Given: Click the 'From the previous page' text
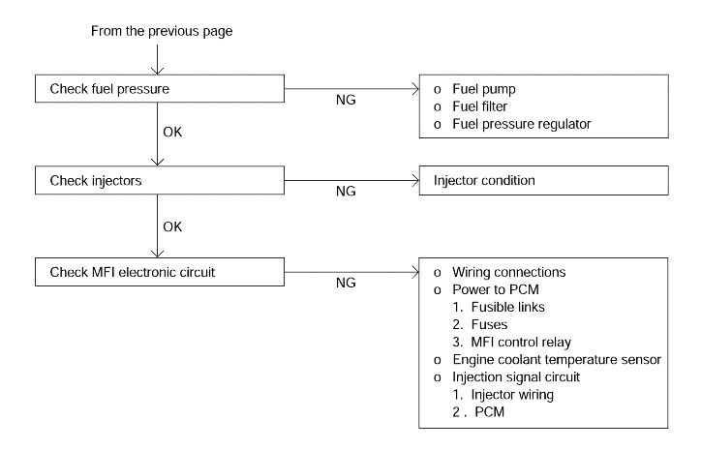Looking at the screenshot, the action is click(162, 31).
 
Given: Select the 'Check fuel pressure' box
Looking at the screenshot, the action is click(160, 88).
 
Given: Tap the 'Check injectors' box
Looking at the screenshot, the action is click(160, 180).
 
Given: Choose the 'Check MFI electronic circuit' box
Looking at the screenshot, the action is click(160, 272).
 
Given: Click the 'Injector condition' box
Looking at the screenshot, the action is click(543, 181).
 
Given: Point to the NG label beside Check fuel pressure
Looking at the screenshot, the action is click(346, 100).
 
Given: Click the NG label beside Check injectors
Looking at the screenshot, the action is click(346, 192).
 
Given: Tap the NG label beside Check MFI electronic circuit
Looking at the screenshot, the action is click(346, 283).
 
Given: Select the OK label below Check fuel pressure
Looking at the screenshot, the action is click(172, 132).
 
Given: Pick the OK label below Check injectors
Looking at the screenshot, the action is click(172, 226).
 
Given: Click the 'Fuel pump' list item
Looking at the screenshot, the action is click(484, 89).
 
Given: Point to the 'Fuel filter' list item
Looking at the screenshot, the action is click(479, 106).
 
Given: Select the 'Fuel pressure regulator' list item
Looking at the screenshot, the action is click(521, 124).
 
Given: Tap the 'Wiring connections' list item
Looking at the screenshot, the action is click(508, 272).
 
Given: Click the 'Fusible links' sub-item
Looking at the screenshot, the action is click(508, 307).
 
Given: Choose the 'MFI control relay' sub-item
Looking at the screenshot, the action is click(521, 343).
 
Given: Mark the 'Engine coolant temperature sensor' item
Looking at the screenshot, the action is click(557, 360).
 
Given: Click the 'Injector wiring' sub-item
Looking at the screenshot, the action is click(512, 395).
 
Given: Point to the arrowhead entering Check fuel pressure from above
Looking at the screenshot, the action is click(158, 71).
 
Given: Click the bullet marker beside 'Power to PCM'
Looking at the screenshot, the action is click(438, 290).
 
